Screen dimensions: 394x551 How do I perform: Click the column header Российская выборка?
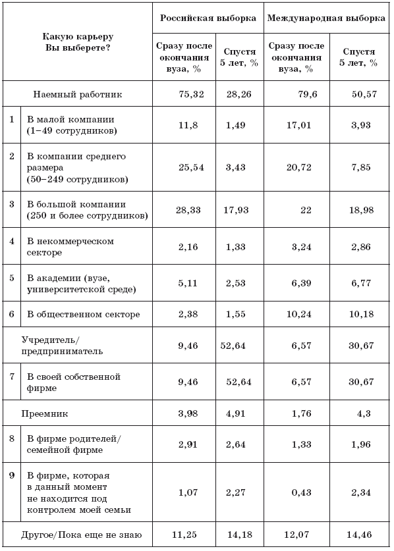coord(208,18)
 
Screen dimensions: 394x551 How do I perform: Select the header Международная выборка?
coord(326,18)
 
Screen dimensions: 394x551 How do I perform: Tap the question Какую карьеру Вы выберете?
coord(78,42)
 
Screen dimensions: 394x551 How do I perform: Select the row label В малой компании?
coord(72,125)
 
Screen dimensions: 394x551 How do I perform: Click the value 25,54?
coord(191,167)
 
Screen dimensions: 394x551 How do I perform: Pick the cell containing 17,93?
coord(236,210)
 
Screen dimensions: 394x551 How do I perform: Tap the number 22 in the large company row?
coord(306,210)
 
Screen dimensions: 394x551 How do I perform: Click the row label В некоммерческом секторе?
coord(70,247)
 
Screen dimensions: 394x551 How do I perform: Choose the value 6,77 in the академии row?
coord(361,283)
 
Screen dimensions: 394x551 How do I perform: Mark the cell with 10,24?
coord(299,314)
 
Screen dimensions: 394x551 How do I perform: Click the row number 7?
coord(12,377)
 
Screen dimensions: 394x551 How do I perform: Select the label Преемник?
coord(45,413)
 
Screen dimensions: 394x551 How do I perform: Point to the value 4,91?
coord(236,413)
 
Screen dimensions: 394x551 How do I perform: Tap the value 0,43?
coord(302,492)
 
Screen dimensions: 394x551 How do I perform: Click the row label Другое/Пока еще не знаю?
coord(82,535)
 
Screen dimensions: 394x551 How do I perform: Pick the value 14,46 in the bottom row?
coord(359,535)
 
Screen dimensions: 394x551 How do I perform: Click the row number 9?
coord(12,475)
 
